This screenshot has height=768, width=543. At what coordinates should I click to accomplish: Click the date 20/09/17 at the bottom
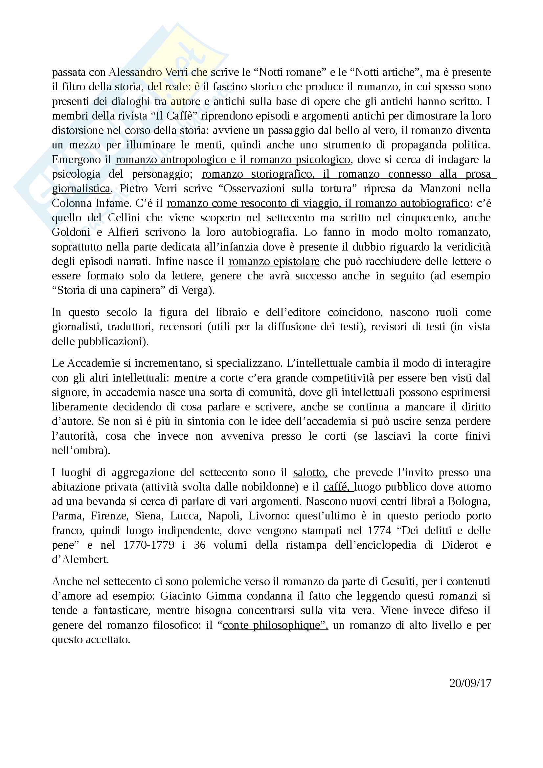pos(470,683)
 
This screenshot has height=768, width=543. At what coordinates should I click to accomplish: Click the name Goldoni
pos(71,232)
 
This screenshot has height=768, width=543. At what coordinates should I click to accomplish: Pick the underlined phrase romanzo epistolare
pos(274,261)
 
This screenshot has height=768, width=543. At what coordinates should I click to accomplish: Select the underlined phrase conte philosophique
pos(275,625)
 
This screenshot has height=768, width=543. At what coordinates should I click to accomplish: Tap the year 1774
pos(379,530)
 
